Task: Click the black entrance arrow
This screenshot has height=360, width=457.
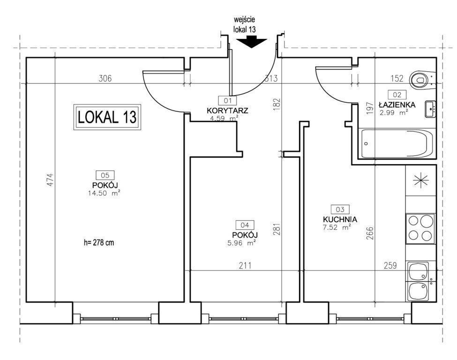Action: (x=252, y=42)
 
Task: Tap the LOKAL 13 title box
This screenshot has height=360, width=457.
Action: (x=107, y=117)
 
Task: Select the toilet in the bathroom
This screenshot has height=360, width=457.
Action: (x=422, y=80)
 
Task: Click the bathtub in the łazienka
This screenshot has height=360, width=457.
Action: (x=396, y=144)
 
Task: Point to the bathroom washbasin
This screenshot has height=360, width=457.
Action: (x=430, y=109)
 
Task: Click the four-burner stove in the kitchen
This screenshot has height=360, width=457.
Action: (x=420, y=229)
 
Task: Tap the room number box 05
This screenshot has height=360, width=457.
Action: (x=105, y=175)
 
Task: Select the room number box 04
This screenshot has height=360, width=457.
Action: (x=245, y=225)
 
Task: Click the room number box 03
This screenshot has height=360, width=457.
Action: (x=340, y=209)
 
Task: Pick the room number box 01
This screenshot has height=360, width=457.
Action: (x=228, y=101)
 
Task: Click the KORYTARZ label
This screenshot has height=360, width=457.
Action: (x=227, y=111)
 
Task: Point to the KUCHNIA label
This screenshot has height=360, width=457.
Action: (x=340, y=219)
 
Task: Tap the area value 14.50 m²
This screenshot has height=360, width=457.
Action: (x=105, y=193)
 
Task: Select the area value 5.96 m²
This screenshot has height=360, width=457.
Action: (x=241, y=242)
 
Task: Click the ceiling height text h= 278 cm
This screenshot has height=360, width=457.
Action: (x=99, y=242)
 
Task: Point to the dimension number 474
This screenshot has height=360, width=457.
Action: (x=51, y=180)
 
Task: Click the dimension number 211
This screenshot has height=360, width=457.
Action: (x=245, y=266)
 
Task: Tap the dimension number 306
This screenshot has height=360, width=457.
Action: (x=105, y=78)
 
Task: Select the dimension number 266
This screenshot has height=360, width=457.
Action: (x=369, y=233)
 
